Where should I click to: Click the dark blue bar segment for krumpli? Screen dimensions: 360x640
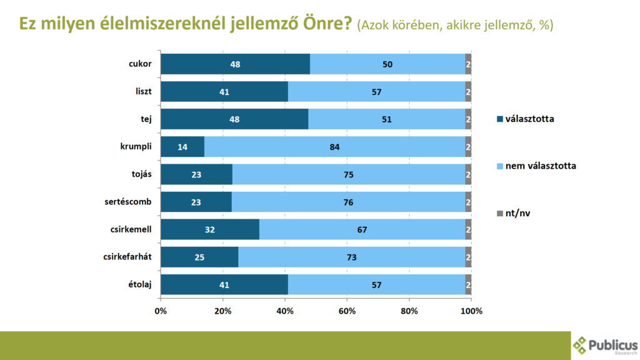pyautogui.click(x=182, y=147)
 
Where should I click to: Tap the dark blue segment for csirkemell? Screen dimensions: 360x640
pyautogui.click(x=210, y=229)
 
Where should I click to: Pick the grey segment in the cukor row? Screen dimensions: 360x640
pyautogui.click(x=468, y=64)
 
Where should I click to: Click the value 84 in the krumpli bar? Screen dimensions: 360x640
pyautogui.click(x=335, y=147)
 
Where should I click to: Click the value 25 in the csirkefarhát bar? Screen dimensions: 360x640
pyautogui.click(x=200, y=257)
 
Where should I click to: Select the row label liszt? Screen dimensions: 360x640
pyautogui.click(x=144, y=91)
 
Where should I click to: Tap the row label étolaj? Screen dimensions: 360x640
pyautogui.click(x=141, y=284)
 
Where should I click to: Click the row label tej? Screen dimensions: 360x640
pyautogui.click(x=147, y=119)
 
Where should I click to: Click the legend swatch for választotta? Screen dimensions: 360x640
pyautogui.click(x=498, y=119)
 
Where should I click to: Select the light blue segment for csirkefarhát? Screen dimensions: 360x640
pyautogui.click(x=351, y=257)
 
